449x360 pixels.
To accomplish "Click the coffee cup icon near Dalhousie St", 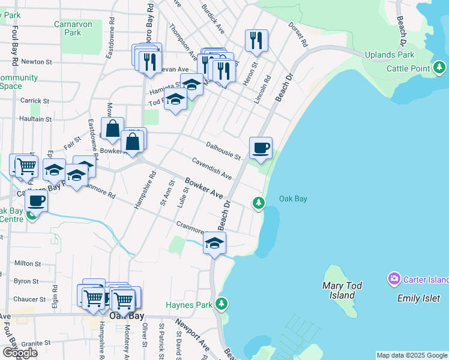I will click(261, 148).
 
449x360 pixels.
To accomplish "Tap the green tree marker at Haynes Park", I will click(222, 304).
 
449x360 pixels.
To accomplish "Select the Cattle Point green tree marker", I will click(440, 67).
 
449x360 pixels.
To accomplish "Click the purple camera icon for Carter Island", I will click(394, 278).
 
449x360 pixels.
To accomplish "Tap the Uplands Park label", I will click(393, 55).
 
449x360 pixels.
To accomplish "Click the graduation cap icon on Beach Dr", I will click(214, 243).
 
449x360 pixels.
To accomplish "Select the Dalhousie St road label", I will click(223, 151).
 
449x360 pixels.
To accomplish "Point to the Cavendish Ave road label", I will click(212, 169).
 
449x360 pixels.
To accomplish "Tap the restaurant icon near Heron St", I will click(256, 41).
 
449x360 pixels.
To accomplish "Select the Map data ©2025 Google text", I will click(412, 355).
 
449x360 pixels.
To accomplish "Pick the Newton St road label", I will click(32, 62).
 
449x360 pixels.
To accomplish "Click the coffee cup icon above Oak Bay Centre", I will click(37, 201).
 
